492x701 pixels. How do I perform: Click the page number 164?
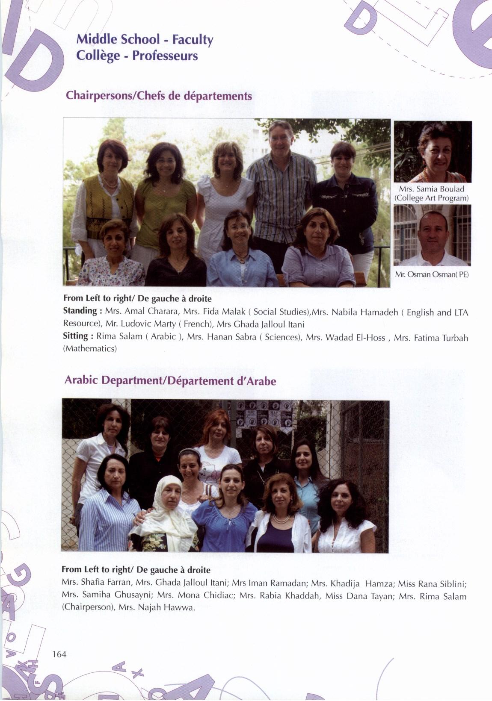(59, 654)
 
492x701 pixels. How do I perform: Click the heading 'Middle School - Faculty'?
(145, 40)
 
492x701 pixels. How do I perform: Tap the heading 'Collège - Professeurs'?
(137, 56)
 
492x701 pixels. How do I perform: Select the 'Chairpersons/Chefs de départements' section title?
(159, 96)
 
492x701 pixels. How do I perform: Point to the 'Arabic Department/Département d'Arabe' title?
(170, 380)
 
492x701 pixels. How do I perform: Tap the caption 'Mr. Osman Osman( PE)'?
(432, 274)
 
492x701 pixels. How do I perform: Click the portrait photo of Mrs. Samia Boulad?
(433, 152)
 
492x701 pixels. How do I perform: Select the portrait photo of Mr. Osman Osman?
(432, 235)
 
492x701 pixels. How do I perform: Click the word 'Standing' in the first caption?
(80, 311)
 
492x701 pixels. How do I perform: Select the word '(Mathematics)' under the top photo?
(90, 348)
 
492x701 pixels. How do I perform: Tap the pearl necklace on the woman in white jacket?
(281, 519)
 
